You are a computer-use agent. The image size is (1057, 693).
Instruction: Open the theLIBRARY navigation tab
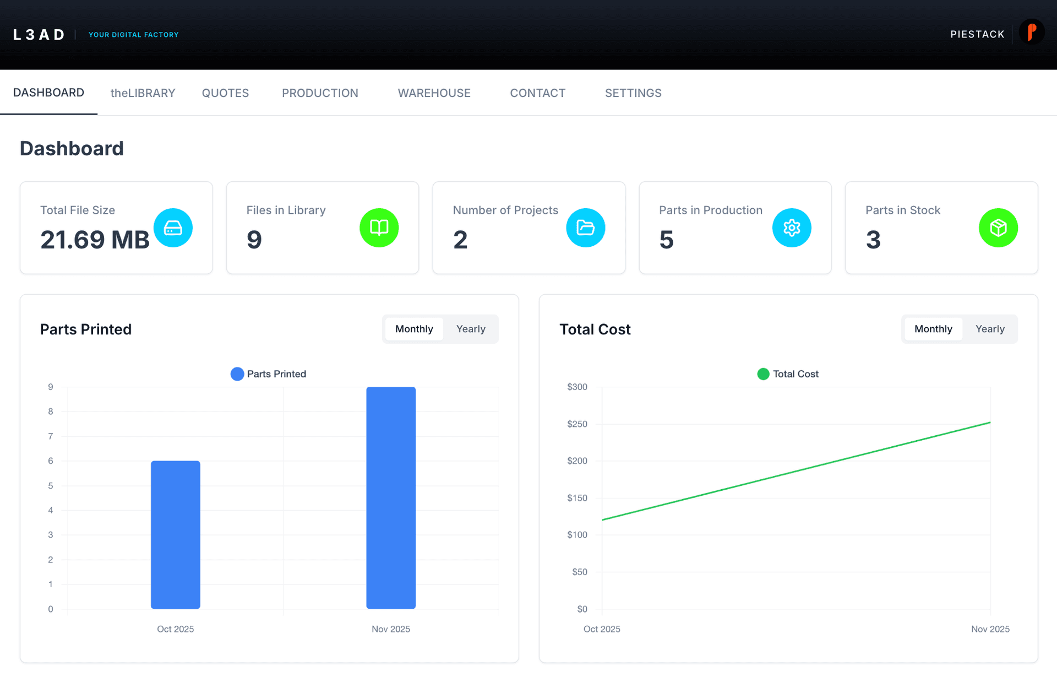143,93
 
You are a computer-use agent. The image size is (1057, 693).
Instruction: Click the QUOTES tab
225,93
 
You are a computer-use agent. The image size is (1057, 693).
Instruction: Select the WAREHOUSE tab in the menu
434,93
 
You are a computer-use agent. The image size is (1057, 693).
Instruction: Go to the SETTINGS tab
633,93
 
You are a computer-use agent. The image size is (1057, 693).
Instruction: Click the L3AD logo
39,35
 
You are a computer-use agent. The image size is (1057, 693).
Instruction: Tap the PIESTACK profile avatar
1031,33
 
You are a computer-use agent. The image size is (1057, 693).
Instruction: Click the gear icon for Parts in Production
792,228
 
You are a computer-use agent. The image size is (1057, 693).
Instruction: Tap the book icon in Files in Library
379,228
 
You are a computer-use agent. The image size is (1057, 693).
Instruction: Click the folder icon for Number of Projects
585,228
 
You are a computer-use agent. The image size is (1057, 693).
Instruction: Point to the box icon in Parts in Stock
998,228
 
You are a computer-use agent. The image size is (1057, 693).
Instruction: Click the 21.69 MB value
95,240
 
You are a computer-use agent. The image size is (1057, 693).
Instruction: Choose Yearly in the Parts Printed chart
471,329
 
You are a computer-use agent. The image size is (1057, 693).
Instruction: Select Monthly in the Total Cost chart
933,329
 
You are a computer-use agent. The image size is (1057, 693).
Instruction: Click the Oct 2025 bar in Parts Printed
176,534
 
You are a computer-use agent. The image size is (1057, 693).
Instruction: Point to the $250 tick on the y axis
577,424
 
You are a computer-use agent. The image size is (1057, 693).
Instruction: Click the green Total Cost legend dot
763,374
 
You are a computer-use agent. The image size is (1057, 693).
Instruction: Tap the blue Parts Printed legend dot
237,374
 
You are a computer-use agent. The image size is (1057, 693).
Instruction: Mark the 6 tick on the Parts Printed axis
51,461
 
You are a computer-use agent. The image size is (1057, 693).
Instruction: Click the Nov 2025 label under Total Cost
990,629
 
